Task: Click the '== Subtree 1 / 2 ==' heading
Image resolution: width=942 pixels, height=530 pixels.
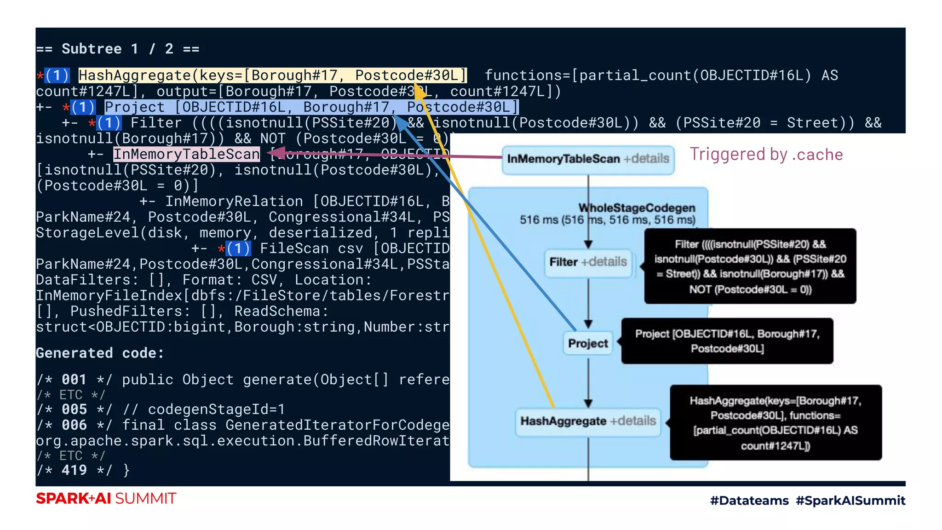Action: pyautogui.click(x=118, y=49)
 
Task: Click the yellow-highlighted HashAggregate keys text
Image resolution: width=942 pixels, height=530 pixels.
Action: pyautogui.click(x=272, y=75)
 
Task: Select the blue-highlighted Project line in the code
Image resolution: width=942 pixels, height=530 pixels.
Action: pyautogui.click(x=311, y=107)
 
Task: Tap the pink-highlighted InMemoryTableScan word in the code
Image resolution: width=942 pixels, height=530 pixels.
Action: pyautogui.click(x=186, y=154)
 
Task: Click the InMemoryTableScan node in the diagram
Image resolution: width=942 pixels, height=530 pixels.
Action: pyautogui.click(x=588, y=159)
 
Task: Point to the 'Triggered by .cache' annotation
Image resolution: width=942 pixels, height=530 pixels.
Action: pyautogui.click(x=766, y=155)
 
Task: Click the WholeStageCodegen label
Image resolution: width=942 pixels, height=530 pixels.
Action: pyautogui.click(x=637, y=208)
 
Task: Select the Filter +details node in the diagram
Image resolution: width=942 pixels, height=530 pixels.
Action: pyautogui.click(x=588, y=262)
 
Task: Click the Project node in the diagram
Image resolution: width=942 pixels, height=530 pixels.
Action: pyautogui.click(x=588, y=343)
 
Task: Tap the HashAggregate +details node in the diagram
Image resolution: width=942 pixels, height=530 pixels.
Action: pyautogui.click(x=588, y=421)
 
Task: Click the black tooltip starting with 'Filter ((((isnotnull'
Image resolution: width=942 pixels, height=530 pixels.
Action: pyautogui.click(x=750, y=266)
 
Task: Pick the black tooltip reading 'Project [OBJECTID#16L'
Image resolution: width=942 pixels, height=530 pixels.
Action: pyautogui.click(x=727, y=341)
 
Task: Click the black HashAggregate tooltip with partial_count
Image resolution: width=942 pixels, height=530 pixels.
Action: pyautogui.click(x=775, y=423)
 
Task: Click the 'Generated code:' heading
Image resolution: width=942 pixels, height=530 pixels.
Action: pyautogui.click(x=100, y=353)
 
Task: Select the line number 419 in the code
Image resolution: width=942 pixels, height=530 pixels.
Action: pyautogui.click(x=74, y=470)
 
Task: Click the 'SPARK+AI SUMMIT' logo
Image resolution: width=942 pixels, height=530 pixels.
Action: pyautogui.click(x=106, y=499)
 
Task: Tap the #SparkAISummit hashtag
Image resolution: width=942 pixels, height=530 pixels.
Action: pyautogui.click(x=850, y=501)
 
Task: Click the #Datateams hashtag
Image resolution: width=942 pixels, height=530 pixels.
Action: pyautogui.click(x=749, y=501)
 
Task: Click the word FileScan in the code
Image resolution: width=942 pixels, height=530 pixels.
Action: pyautogui.click(x=294, y=248)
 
